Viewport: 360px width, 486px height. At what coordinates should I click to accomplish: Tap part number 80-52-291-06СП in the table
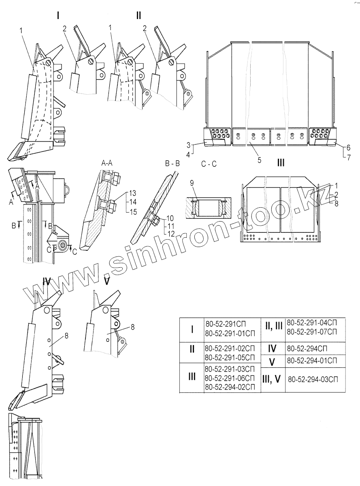pyautogui.click(x=230, y=378)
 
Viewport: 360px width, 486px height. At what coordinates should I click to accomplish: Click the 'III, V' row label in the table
pyautogui.click(x=273, y=379)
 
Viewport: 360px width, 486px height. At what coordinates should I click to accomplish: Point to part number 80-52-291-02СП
pyautogui.click(x=230, y=349)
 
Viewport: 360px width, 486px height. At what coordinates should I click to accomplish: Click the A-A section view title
pyautogui.click(x=107, y=163)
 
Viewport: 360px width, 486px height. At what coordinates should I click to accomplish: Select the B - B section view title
pyautogui.click(x=173, y=164)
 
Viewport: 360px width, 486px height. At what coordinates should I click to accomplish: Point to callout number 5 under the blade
pyautogui.click(x=259, y=160)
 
